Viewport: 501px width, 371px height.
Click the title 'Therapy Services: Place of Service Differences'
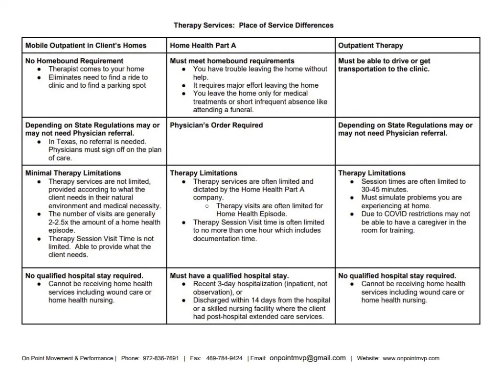pyautogui.click(x=254, y=25)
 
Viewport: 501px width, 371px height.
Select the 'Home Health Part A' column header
pyautogui.click(x=203, y=46)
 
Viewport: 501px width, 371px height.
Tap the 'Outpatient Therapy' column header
pyautogui.click(x=370, y=46)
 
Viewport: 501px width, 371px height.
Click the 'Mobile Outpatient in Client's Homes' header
pyautogui.click(x=86, y=46)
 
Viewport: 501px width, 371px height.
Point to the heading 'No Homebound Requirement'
pyautogui.click(x=74, y=61)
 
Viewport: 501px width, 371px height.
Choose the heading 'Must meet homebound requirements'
pyautogui.click(x=232, y=61)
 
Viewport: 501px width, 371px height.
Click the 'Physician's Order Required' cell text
pyautogui.click(x=216, y=125)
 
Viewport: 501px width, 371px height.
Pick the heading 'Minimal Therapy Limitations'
pyautogui.click(x=73, y=173)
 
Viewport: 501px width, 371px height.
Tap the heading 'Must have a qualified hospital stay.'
pyautogui.click(x=229, y=276)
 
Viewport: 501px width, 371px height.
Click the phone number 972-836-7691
pyautogui.click(x=160, y=358)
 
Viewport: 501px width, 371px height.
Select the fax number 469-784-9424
pyautogui.click(x=224, y=358)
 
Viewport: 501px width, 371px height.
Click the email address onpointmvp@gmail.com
pyautogui.click(x=308, y=358)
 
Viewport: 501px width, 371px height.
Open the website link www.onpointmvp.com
pyautogui.click(x=411, y=358)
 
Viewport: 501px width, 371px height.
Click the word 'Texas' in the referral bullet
pyautogui.click(x=66, y=142)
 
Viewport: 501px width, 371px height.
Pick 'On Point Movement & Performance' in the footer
pyautogui.click(x=67, y=358)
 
